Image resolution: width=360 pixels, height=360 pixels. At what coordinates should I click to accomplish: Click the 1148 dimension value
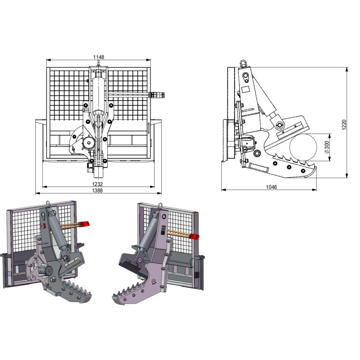pos(99,57)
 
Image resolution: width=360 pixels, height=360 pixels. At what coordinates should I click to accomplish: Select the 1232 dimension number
pos(98,184)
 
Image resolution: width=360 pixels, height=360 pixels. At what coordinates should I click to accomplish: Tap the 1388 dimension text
pos(98,190)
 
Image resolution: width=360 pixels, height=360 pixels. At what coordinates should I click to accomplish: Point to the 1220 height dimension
pos(344,125)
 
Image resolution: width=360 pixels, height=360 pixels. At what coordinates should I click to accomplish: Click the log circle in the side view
pos(303,147)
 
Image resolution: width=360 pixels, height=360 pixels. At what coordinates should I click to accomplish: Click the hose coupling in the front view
pos(158,95)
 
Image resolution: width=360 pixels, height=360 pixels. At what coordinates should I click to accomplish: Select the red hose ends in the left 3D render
pos(85,224)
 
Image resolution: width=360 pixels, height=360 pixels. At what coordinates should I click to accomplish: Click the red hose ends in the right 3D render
pos(194,236)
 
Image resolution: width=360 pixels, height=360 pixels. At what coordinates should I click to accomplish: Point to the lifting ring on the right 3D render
pos(160,206)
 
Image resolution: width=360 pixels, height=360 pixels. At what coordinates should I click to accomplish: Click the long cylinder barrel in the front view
pos(98,94)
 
